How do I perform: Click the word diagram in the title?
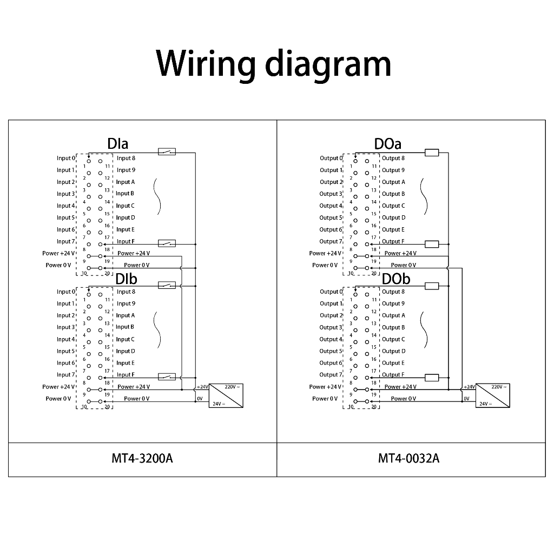[x=327, y=64]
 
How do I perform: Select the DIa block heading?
[x=117, y=144]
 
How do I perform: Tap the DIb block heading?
[x=126, y=279]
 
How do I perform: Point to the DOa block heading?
[x=387, y=144]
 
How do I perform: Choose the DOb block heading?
[x=396, y=279]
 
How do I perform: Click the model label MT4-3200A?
[x=142, y=459]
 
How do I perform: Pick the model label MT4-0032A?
[x=409, y=459]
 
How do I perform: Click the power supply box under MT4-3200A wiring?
[x=226, y=395]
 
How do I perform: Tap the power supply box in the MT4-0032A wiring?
[x=493, y=395]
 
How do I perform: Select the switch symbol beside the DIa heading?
[x=167, y=151]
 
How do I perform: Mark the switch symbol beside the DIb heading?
[x=167, y=285]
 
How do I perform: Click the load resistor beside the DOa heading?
[x=432, y=153]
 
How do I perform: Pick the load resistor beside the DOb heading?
[x=432, y=286]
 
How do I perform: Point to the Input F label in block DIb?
[x=126, y=375]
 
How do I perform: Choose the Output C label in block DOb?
[x=393, y=339]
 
